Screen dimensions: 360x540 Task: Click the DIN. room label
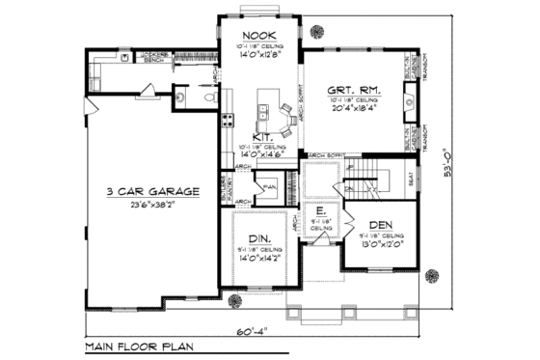[258, 237]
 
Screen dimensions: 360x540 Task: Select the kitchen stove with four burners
[229, 121]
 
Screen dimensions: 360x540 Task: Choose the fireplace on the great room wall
[409, 97]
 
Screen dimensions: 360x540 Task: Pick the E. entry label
[319, 208]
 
